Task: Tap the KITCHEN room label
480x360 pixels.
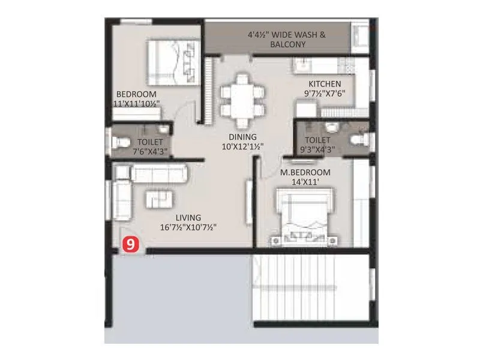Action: [x=325, y=84]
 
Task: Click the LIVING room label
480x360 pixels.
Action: [x=188, y=217]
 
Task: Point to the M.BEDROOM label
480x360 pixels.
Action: [x=305, y=173]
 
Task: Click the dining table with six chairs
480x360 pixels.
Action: [x=241, y=95]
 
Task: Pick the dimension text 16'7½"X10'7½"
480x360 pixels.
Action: [x=188, y=227]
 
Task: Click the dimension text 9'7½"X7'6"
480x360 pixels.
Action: [x=325, y=94]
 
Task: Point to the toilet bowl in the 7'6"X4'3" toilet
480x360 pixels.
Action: [x=121, y=142]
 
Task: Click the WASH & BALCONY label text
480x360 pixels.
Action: [x=287, y=40]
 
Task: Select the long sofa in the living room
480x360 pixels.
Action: [x=160, y=175]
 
